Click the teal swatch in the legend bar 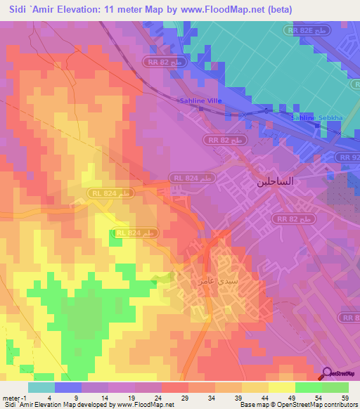tap(41, 387)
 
